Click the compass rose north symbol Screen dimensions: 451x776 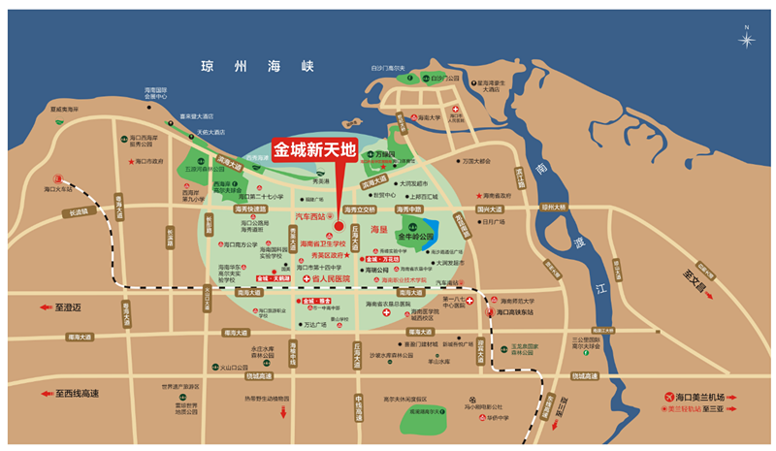(x=747, y=41)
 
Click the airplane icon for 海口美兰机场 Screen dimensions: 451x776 (x=669, y=398)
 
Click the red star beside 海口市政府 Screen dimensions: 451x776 (x=129, y=162)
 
